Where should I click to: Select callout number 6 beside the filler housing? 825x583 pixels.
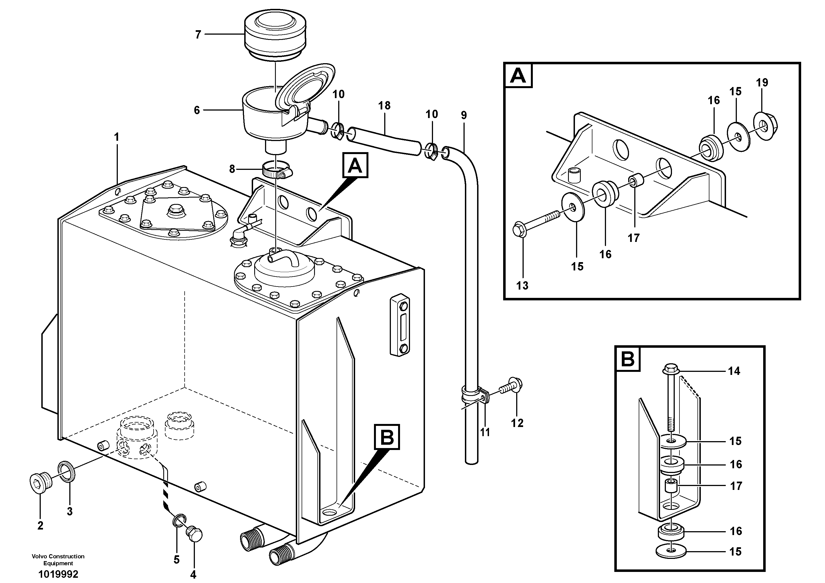click(197, 110)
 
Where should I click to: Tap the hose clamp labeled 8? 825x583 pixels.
click(276, 170)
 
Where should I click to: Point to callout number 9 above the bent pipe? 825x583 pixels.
click(464, 115)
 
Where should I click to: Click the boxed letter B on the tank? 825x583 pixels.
click(387, 437)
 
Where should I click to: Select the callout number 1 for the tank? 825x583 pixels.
click(116, 137)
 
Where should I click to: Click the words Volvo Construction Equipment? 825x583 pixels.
click(58, 559)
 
